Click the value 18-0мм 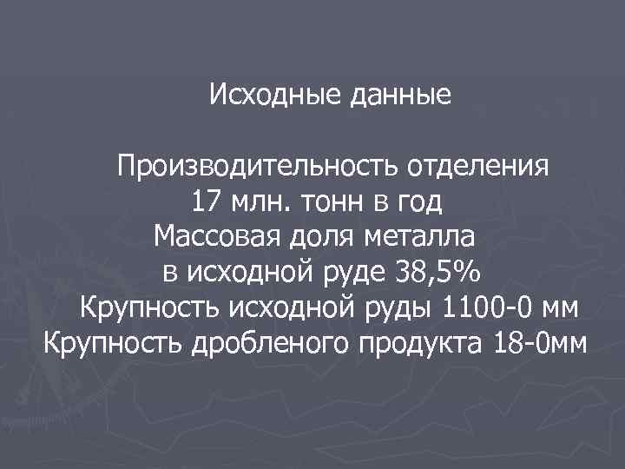541,343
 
